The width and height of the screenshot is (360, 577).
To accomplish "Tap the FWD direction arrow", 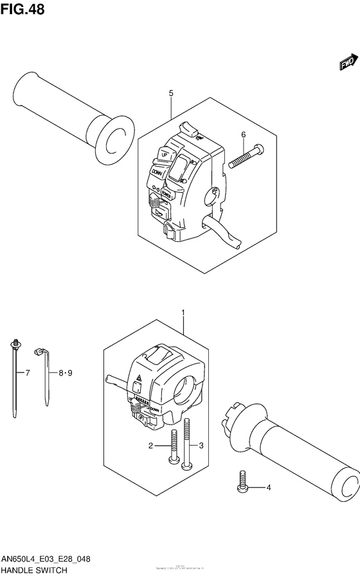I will click(x=348, y=62).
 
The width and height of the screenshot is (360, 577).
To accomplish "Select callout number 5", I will click(x=171, y=94).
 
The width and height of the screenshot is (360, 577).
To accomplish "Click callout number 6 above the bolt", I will click(x=243, y=134).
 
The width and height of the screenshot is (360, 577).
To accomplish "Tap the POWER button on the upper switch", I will click(x=166, y=192).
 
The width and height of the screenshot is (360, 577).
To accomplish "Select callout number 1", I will click(x=184, y=313).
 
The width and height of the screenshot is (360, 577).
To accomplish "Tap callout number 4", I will click(x=269, y=487).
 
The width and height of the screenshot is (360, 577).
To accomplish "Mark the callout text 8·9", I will click(x=66, y=372).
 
